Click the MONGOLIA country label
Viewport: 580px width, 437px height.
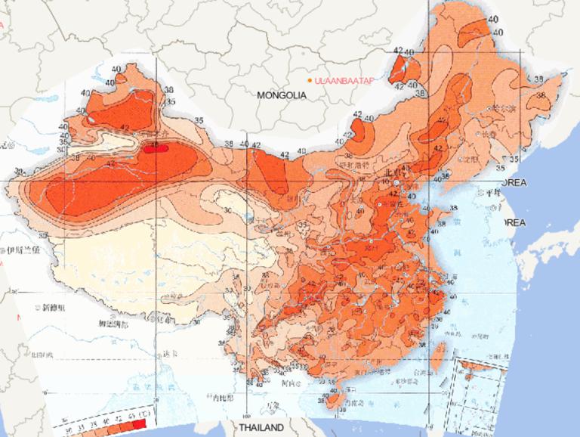(281, 96)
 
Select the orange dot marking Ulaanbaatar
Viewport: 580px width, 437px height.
(310, 81)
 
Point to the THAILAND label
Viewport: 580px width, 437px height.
(261, 428)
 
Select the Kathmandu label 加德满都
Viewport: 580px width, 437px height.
(114, 324)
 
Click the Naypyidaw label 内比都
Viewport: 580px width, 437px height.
(227, 396)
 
